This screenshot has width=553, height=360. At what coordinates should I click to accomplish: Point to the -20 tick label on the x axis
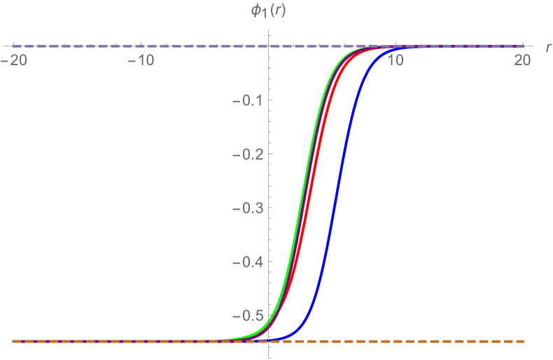(16, 61)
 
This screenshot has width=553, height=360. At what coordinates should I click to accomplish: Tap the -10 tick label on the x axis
(142, 61)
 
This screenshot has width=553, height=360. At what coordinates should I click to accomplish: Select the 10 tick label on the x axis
(395, 61)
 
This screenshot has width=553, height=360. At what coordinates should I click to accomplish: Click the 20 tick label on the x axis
(522, 61)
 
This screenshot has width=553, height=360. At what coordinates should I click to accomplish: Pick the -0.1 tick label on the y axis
(248, 101)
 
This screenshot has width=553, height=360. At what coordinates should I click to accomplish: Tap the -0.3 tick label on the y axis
(248, 208)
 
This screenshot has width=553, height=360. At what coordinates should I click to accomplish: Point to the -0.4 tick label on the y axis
(248, 262)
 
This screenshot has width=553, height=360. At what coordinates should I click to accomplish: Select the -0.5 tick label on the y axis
(248, 316)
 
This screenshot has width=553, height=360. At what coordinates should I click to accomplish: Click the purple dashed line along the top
(140, 46)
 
